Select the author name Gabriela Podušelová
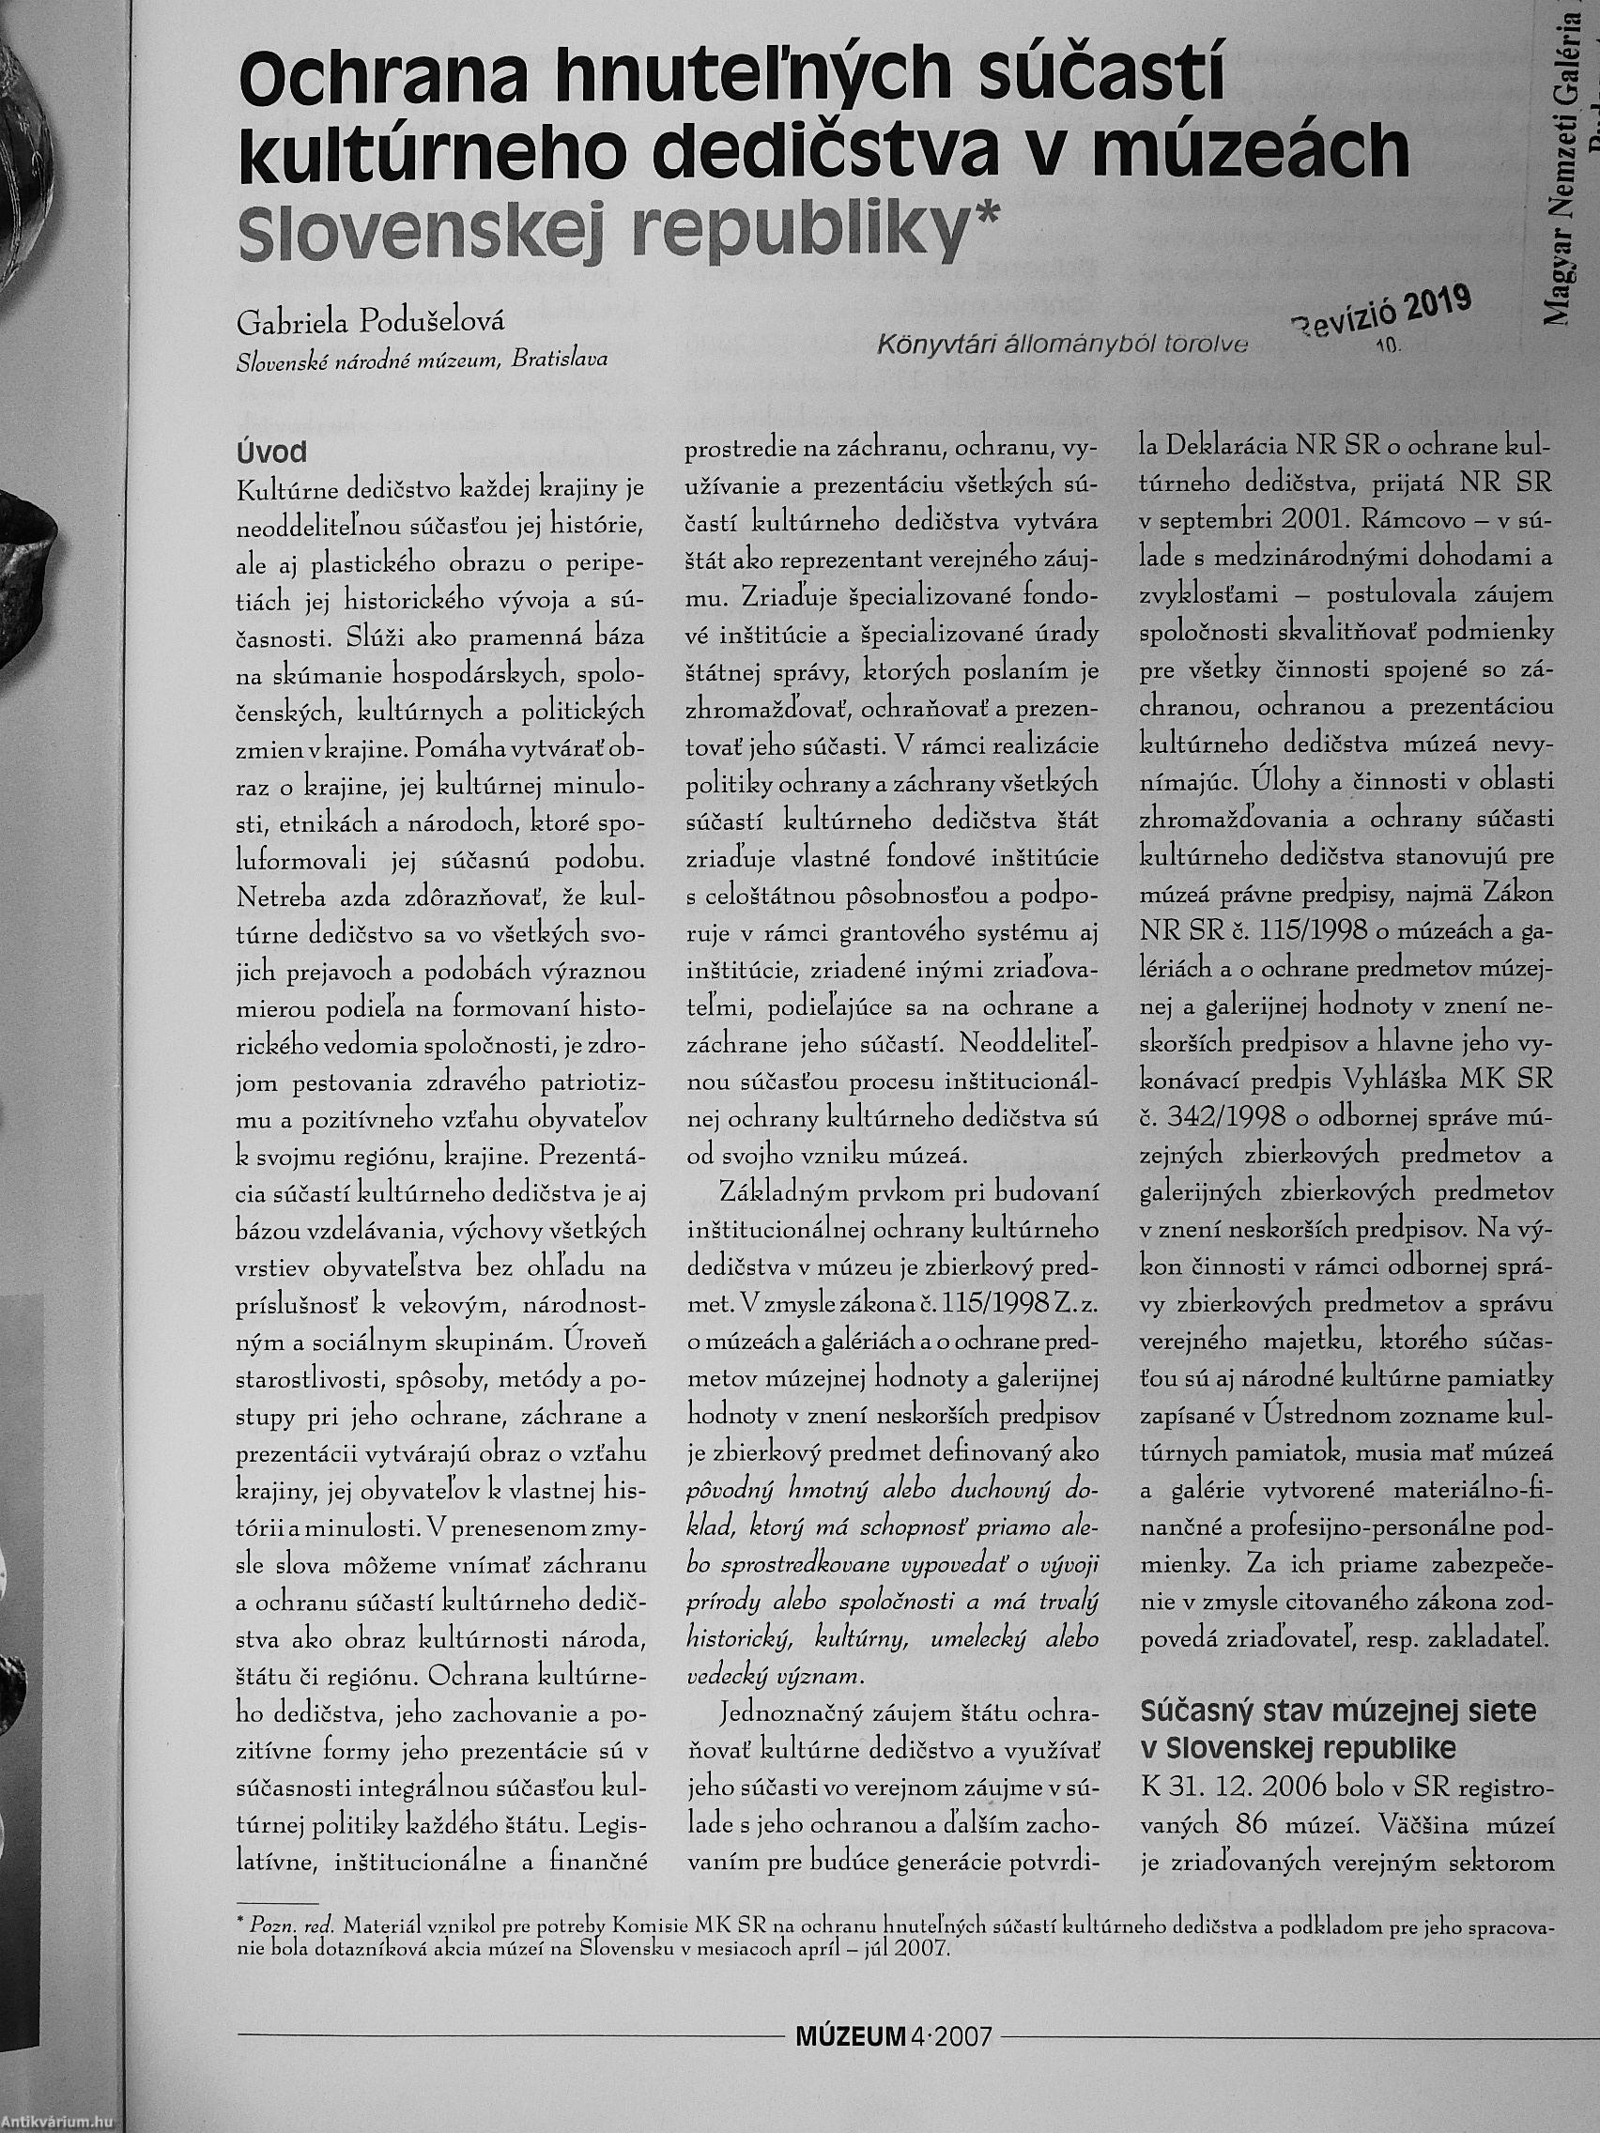pyautogui.click(x=370, y=324)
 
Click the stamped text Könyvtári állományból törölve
pyautogui.click(x=1062, y=345)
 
